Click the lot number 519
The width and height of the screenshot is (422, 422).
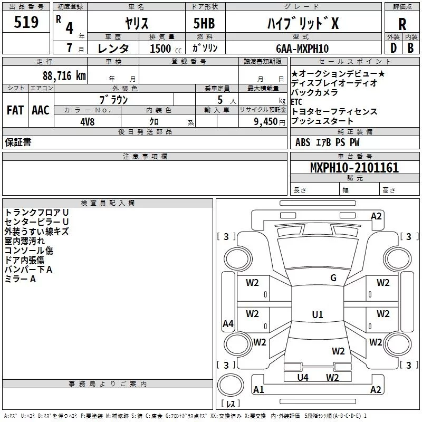[x=26, y=22]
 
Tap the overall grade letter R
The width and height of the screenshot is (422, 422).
[x=402, y=24]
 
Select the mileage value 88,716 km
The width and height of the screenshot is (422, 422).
[x=64, y=75]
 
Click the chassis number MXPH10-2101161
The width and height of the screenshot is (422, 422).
[x=354, y=167]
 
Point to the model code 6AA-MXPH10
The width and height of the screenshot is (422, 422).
[x=302, y=49]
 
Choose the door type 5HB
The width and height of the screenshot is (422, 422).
[x=204, y=23]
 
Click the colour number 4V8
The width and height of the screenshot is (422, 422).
[x=88, y=122]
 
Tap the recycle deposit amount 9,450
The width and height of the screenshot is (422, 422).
[x=266, y=122]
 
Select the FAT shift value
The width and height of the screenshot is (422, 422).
[x=15, y=110]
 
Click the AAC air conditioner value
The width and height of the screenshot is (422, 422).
[x=41, y=110]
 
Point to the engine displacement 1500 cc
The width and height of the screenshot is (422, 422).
[x=166, y=49]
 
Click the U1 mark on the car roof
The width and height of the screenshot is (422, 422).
[x=318, y=314]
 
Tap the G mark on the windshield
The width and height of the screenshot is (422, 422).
[x=333, y=277]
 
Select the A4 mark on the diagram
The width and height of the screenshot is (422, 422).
[x=228, y=323]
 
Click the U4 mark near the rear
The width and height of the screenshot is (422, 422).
[x=303, y=378]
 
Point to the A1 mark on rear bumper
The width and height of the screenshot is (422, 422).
[x=258, y=389]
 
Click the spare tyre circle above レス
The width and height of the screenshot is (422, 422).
[x=231, y=386]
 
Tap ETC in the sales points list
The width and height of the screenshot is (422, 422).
[x=296, y=102]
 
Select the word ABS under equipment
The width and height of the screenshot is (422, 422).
[x=303, y=142]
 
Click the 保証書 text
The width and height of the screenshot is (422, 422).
[x=18, y=142]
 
